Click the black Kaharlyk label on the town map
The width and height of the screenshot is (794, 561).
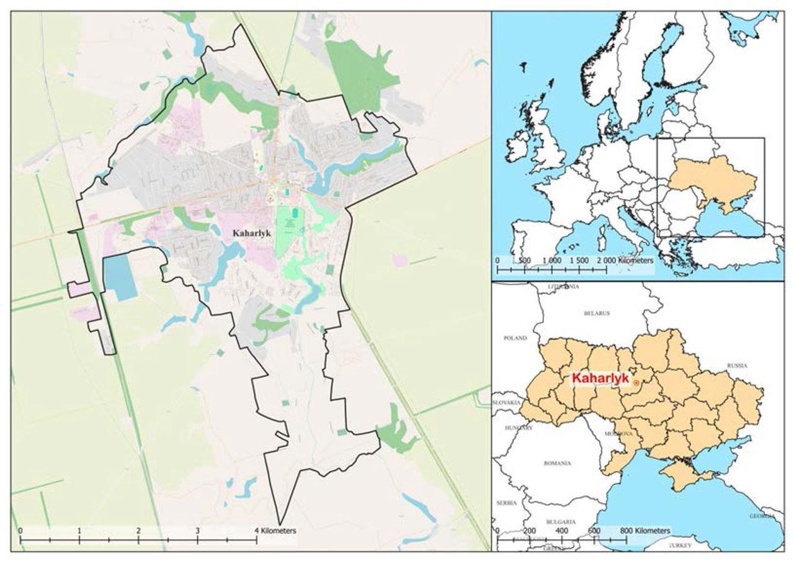[x=251, y=233]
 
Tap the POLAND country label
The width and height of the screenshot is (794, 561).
[x=515, y=338]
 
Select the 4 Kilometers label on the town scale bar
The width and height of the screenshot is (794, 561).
[x=276, y=531]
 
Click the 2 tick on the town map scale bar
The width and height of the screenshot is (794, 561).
[x=138, y=531]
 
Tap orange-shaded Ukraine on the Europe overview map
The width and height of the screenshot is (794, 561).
[x=713, y=180]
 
